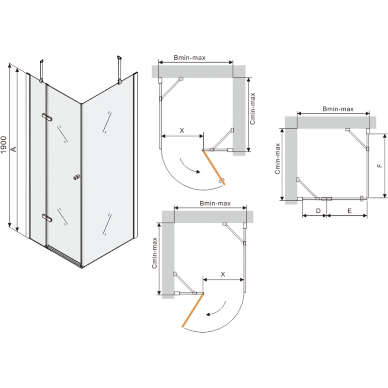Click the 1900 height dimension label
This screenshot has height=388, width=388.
click(x=4, y=145)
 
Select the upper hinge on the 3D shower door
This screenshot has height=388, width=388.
click(x=47, y=117)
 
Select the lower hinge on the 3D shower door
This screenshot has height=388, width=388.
click(x=47, y=217)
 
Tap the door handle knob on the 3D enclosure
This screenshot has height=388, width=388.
click(x=77, y=177)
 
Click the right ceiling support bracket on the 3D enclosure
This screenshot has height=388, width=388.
click(x=120, y=70)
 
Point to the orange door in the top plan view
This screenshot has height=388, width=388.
click(x=214, y=167)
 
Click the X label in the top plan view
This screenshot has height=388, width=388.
click(x=181, y=130)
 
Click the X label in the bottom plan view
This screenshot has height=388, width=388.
click(x=223, y=274)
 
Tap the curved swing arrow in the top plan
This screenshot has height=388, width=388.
click(x=189, y=166)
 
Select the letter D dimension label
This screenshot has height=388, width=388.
click(x=318, y=211)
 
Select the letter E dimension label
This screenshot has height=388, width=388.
click(x=349, y=211)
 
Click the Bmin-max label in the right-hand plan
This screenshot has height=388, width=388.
click(x=338, y=109)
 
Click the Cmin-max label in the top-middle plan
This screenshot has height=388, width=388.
click(x=252, y=109)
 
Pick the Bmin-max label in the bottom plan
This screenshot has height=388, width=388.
click(x=215, y=203)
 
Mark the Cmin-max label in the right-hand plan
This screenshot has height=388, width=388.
click(x=277, y=159)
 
